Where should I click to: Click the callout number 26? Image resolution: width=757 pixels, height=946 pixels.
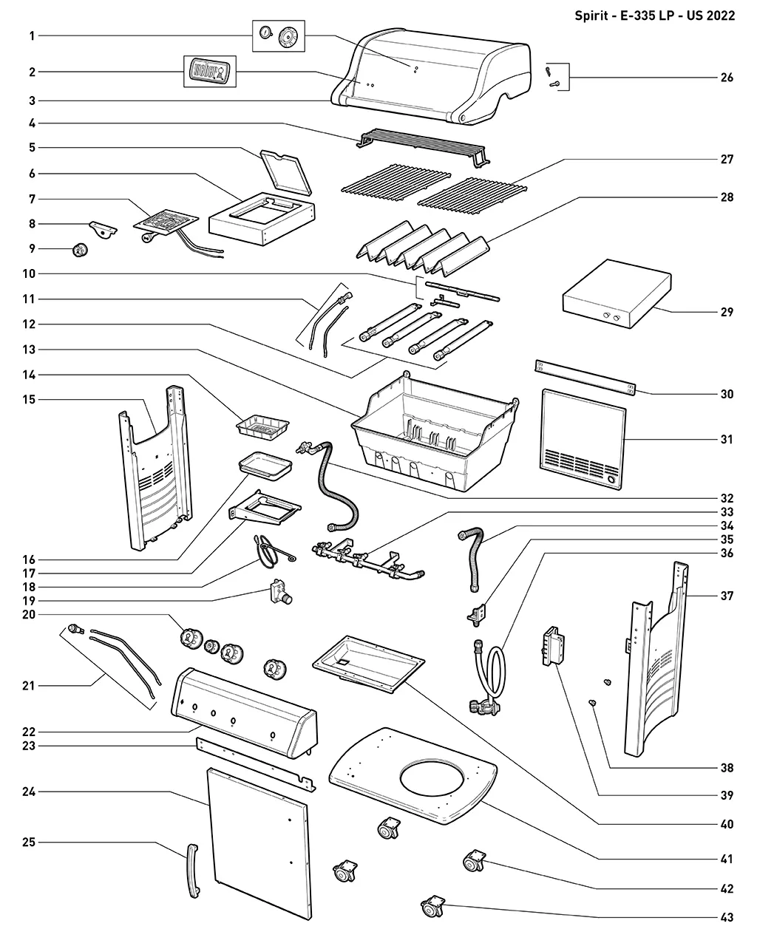tap(727, 78)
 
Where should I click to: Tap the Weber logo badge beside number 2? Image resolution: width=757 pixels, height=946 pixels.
tap(209, 71)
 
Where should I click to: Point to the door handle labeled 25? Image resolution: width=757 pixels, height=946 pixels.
tap(193, 871)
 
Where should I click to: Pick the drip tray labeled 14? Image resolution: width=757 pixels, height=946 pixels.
tap(262, 426)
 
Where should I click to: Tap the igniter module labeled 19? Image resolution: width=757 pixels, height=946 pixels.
tap(280, 592)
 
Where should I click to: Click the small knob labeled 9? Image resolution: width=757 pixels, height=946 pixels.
tap(80, 250)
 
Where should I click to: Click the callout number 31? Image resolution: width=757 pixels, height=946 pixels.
tap(727, 439)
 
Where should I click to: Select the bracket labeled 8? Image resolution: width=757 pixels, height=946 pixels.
tap(103, 229)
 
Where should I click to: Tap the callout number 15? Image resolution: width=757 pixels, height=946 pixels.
tap(29, 400)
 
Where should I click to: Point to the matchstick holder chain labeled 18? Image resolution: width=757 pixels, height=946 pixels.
tap(272, 550)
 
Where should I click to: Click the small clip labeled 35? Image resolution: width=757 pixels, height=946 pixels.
tap(478, 613)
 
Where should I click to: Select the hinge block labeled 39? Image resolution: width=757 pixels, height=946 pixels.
tap(554, 646)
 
